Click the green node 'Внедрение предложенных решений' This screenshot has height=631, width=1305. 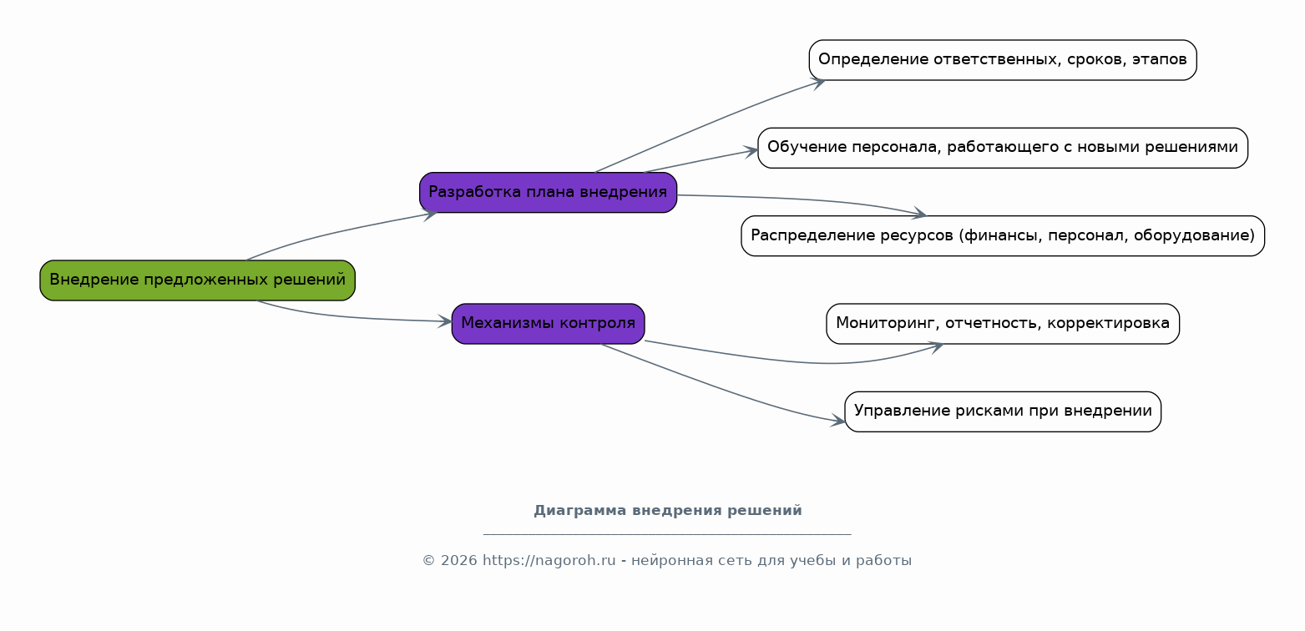(x=198, y=280)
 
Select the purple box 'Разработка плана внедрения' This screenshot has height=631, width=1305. (x=549, y=192)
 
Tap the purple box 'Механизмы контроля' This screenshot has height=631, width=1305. (x=549, y=323)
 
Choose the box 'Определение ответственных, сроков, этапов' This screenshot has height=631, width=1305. (x=1003, y=60)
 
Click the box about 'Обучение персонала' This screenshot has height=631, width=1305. (x=1003, y=148)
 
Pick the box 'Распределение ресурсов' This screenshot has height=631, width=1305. (x=1003, y=236)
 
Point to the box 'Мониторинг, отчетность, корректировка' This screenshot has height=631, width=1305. (x=1003, y=323)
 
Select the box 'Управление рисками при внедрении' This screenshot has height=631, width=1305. (x=1003, y=411)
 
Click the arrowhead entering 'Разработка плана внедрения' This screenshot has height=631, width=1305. (x=431, y=215)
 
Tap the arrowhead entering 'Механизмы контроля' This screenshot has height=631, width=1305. (x=445, y=321)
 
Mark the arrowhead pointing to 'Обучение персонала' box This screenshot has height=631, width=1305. (x=751, y=151)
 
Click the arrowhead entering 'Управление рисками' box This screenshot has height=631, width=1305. (x=837, y=420)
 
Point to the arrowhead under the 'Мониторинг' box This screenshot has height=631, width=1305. (x=936, y=348)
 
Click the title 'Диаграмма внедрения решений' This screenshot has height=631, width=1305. (x=668, y=511)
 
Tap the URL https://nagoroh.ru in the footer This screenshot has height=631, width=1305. (x=549, y=561)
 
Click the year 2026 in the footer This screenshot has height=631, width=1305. (x=459, y=561)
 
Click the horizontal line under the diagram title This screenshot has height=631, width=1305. (x=667, y=533)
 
